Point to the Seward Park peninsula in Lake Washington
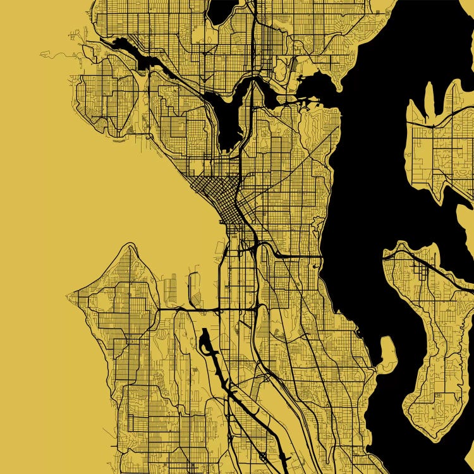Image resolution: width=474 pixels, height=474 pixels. point(387,351)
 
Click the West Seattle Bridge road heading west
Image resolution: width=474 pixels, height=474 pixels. point(183,309)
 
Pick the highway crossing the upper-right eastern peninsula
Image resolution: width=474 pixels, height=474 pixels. point(442,120)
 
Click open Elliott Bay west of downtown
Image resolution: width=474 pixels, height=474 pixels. point(164,215)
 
